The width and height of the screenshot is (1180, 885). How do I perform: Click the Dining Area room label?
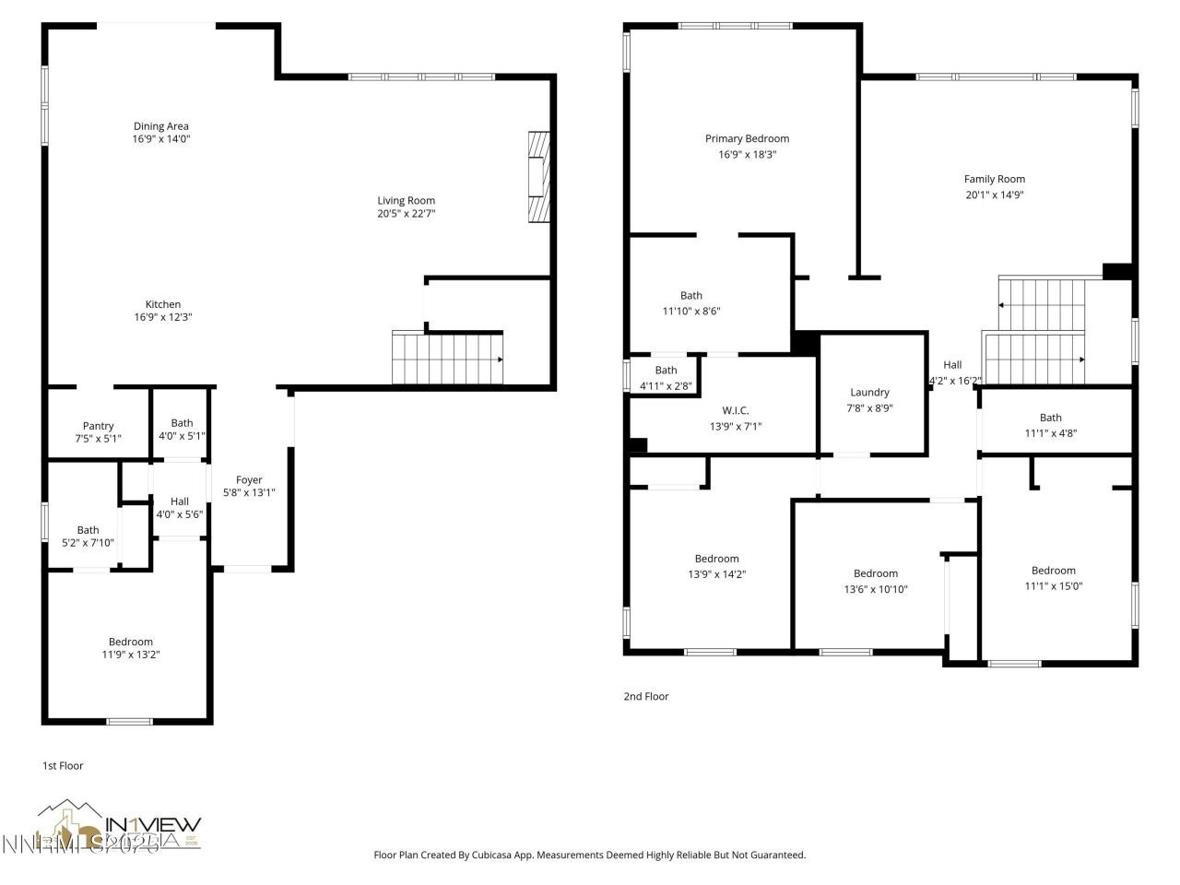pyautogui.click(x=161, y=126)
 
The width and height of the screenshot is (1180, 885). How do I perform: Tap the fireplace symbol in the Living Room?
pyautogui.click(x=537, y=178)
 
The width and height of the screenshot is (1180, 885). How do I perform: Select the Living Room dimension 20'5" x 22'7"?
pyautogui.click(x=406, y=214)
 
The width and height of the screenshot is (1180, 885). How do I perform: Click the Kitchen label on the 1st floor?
pyautogui.click(x=163, y=304)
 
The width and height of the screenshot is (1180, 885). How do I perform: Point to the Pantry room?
pyautogui.click(x=98, y=426)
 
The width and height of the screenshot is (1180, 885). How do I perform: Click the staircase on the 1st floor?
pyautogui.click(x=448, y=359)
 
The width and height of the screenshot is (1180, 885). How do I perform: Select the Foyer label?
pyautogui.click(x=249, y=479)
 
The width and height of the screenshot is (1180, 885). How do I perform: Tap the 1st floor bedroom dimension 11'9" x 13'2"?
pyautogui.click(x=131, y=655)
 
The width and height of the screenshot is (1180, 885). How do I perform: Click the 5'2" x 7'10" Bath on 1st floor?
pyautogui.click(x=88, y=537)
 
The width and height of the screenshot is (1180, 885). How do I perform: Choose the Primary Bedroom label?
pyautogui.click(x=747, y=138)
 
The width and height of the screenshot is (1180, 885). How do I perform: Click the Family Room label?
pyautogui.click(x=994, y=179)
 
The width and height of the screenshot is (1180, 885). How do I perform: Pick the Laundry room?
pyautogui.click(x=869, y=393)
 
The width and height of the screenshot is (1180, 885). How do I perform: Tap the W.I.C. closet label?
pyautogui.click(x=735, y=410)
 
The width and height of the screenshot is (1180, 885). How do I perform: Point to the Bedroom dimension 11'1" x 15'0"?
pyautogui.click(x=1053, y=585)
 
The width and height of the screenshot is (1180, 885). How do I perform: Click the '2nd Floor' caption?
pyautogui.click(x=645, y=696)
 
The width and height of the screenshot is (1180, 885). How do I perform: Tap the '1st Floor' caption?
pyautogui.click(x=63, y=765)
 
